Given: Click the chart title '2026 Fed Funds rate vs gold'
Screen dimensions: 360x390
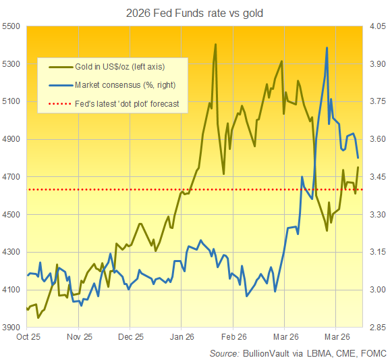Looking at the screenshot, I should coord(194,11).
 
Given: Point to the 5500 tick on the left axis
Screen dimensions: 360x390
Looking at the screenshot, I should coord(11,26).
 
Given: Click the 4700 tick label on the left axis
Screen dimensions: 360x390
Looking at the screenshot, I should coord(11,177).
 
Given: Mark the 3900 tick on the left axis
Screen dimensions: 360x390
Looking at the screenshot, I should coord(11,328).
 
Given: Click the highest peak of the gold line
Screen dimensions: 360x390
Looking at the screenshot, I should coord(215,45).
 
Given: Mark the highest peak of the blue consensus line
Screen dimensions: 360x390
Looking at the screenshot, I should coord(327,48).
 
